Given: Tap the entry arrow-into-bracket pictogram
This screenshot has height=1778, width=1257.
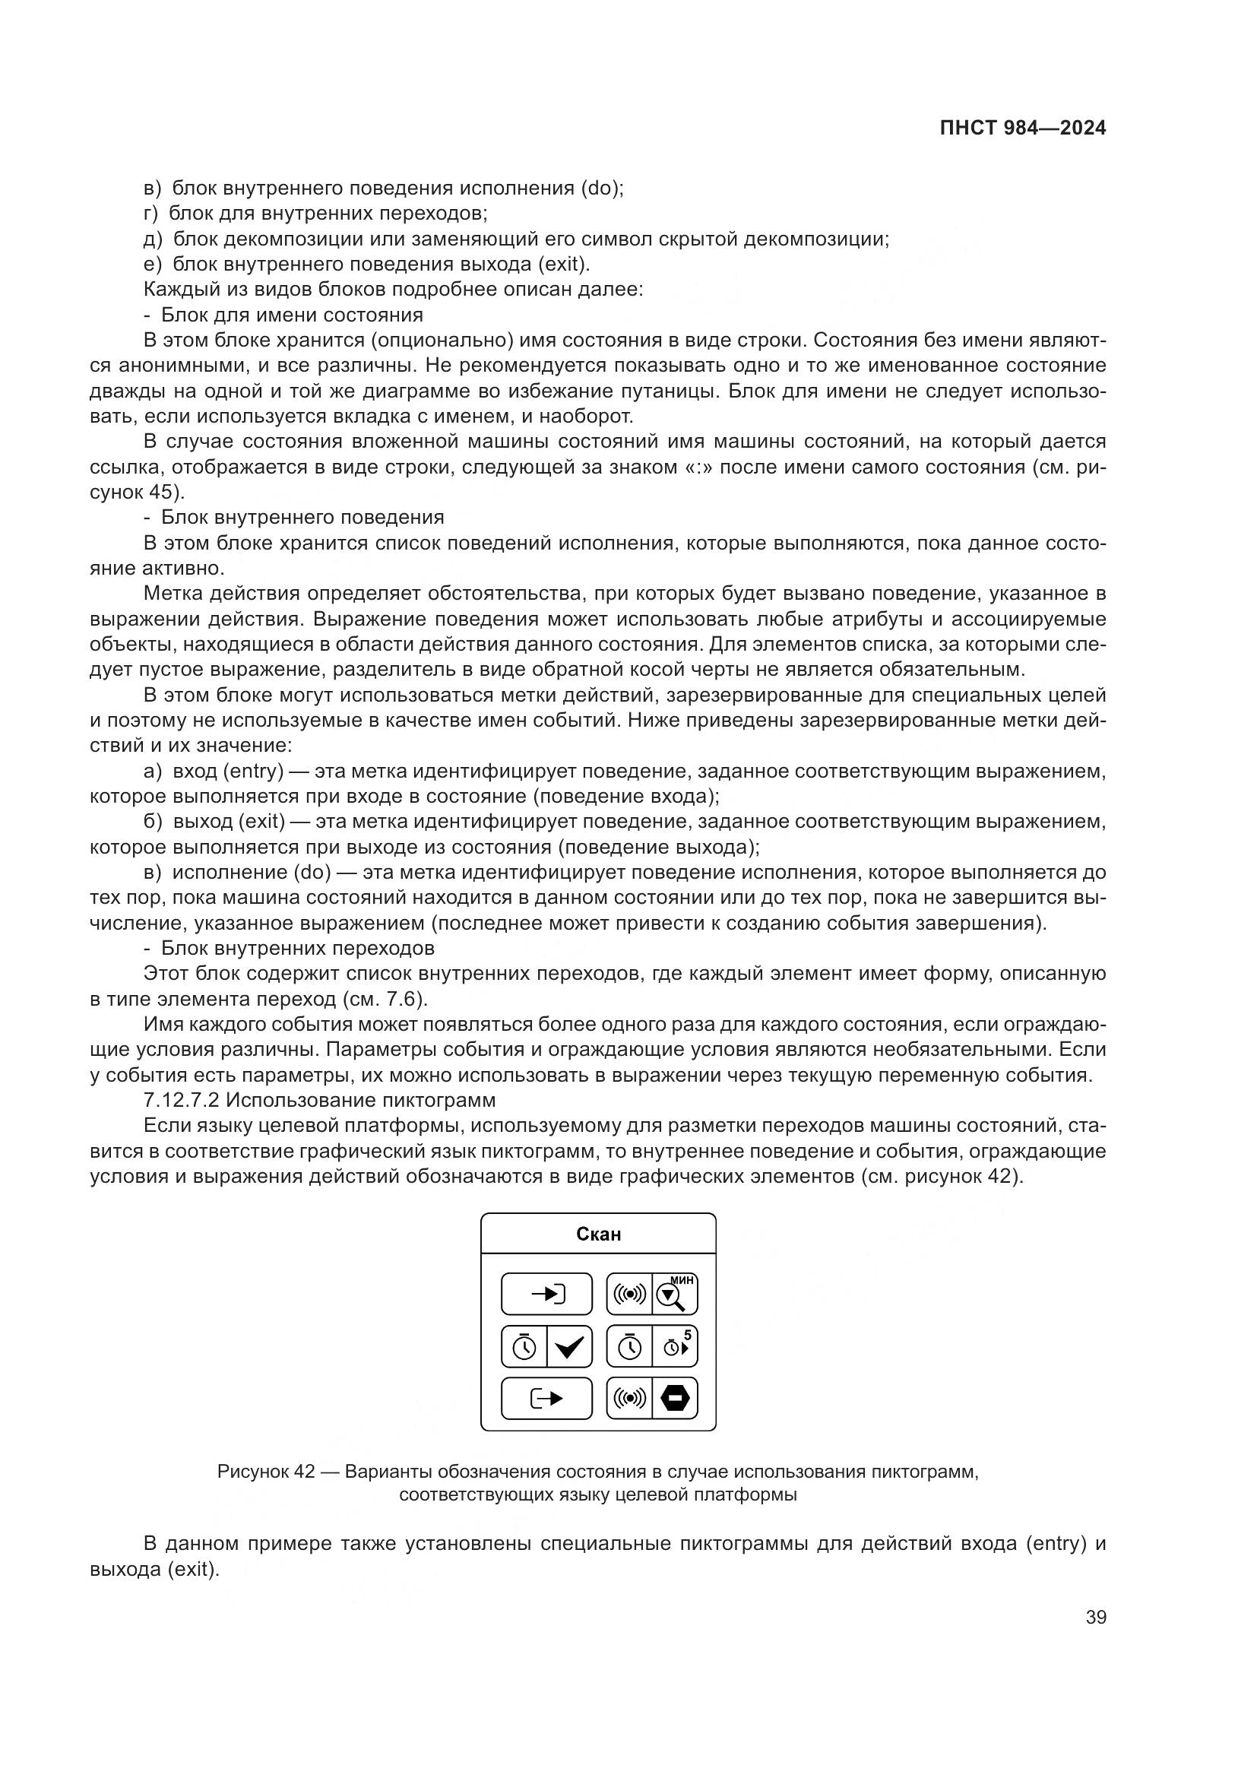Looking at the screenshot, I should [546, 1294].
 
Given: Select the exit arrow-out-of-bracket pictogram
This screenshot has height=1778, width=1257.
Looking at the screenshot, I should [546, 1399].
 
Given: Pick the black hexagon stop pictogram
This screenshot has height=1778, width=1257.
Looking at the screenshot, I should [675, 1399].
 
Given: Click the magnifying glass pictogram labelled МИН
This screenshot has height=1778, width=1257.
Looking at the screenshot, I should [674, 1294].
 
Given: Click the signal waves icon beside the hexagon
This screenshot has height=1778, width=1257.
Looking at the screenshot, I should [629, 1399].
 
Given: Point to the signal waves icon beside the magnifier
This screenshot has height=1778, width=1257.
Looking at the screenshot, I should [629, 1294].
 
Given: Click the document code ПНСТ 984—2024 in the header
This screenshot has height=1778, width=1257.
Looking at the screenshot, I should [1022, 128].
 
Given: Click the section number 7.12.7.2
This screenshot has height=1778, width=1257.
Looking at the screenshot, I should [182, 1101].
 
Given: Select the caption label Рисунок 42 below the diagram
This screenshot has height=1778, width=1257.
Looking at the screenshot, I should [265, 1472].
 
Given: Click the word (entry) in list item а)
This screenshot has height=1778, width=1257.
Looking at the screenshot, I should [253, 772].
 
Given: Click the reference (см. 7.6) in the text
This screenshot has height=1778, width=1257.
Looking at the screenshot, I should [384, 999].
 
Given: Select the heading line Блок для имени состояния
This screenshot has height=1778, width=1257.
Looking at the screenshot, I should [292, 315].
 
